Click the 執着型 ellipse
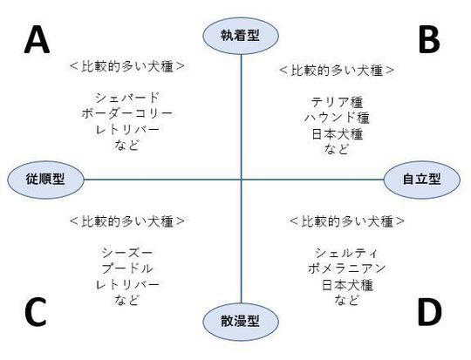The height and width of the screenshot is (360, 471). click(241, 36)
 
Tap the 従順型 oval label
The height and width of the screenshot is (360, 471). click(45, 180)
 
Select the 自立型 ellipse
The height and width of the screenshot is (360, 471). click(422, 180)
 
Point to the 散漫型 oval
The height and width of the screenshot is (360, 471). click(241, 322)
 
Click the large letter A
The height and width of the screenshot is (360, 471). click(37, 39)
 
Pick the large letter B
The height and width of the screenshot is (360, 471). click(429, 39)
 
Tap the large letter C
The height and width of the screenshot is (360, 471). click(36, 312)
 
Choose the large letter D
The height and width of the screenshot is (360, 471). click(429, 312)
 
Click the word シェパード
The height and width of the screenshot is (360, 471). click(126, 98)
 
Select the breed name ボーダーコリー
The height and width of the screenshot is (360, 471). click(126, 113)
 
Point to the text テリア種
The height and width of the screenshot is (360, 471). click(337, 102)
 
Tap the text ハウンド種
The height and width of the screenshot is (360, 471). click(337, 118)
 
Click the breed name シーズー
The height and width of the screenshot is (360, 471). click(126, 253)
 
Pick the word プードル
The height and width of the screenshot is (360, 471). click(126, 268)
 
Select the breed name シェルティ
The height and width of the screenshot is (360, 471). click(346, 253)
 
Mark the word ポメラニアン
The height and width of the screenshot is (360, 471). click(346, 268)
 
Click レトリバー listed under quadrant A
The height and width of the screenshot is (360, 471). click(126, 130)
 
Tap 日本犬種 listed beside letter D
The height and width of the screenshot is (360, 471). click(347, 285)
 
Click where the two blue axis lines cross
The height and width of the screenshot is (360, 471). click(242, 180)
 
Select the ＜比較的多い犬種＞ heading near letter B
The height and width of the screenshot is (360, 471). click(337, 71)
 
